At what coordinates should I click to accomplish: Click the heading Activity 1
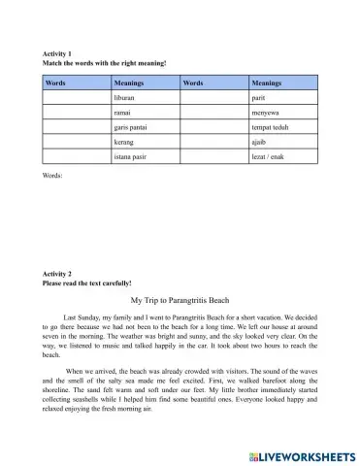57,53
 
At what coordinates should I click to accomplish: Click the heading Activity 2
57,275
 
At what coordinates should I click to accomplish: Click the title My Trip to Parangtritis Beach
180,301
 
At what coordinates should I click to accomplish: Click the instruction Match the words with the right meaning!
104,62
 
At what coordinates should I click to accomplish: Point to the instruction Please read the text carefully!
95,283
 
